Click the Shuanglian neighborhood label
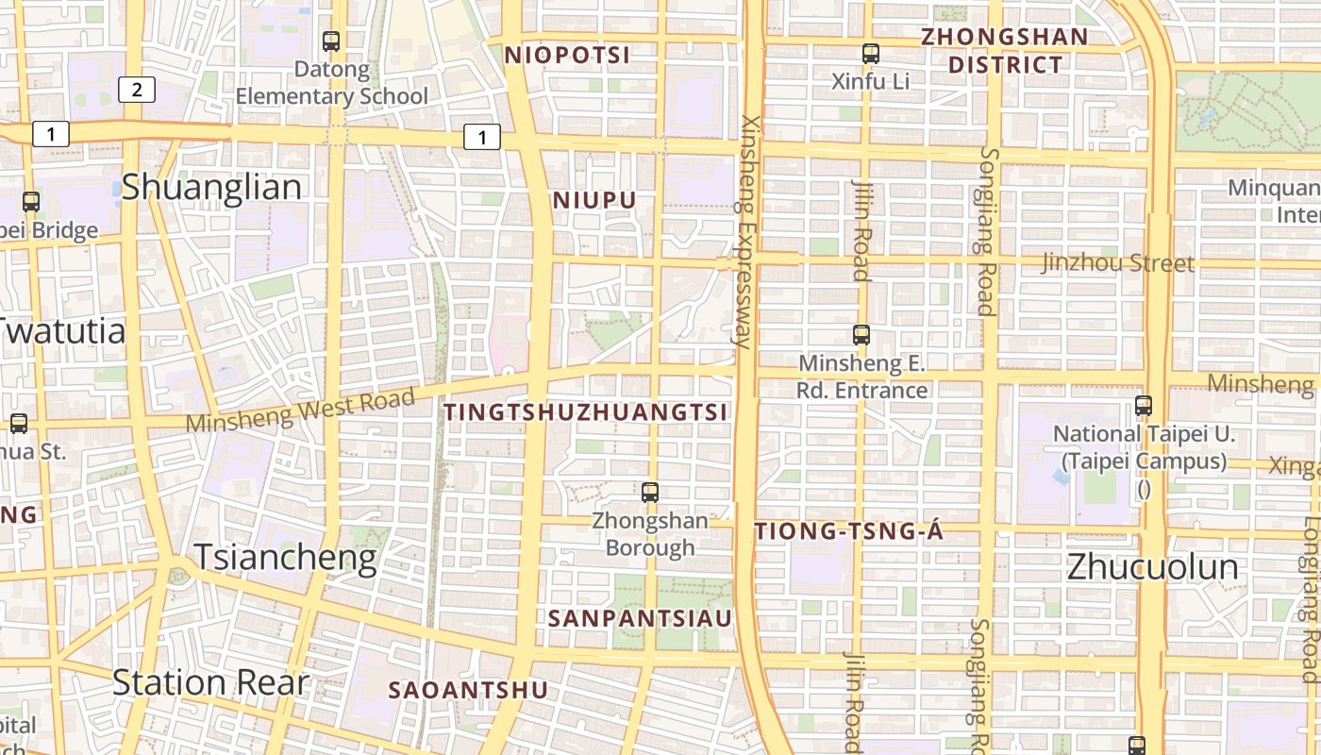click(211, 187)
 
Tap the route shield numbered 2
click(137, 90)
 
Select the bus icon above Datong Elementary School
click(331, 42)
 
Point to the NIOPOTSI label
click(567, 55)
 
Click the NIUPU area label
click(594, 200)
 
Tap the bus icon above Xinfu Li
click(870, 54)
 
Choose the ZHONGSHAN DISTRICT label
click(1005, 51)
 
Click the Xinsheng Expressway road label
click(749, 231)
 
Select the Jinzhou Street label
click(1117, 262)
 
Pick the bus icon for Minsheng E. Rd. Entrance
click(861, 334)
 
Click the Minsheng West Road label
click(300, 411)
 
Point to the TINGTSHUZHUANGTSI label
click(586, 412)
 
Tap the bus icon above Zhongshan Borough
click(649, 492)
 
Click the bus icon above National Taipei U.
click(1144, 407)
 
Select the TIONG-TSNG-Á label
click(849, 532)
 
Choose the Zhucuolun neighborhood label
click(1152, 566)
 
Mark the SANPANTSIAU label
click(640, 619)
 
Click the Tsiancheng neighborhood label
click(285, 558)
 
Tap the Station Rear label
click(210, 682)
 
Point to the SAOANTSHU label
click(468, 690)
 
